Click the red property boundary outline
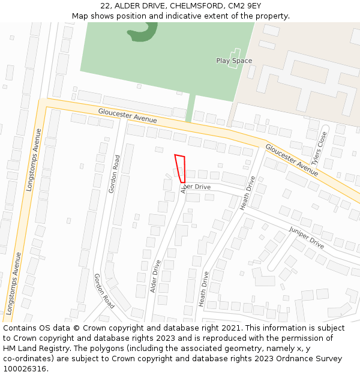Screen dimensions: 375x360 click(180, 169)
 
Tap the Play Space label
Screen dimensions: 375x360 click(234, 61)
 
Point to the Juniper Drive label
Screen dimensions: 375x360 click(306, 238)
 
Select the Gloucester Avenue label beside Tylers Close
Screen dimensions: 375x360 click(292, 159)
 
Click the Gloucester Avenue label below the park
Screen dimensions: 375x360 click(127, 115)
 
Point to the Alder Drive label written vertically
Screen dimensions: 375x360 click(156, 276)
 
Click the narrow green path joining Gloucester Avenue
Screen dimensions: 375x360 click(191, 109)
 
